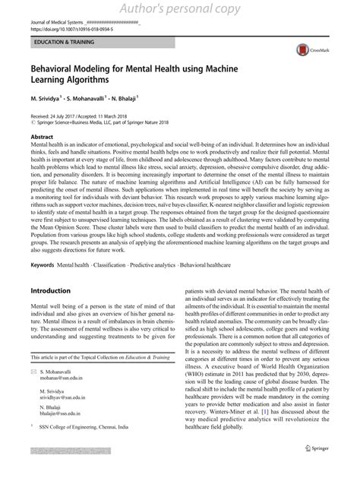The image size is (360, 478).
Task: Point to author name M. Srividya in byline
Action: (49, 99)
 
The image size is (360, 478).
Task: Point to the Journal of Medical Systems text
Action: (60, 15)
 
